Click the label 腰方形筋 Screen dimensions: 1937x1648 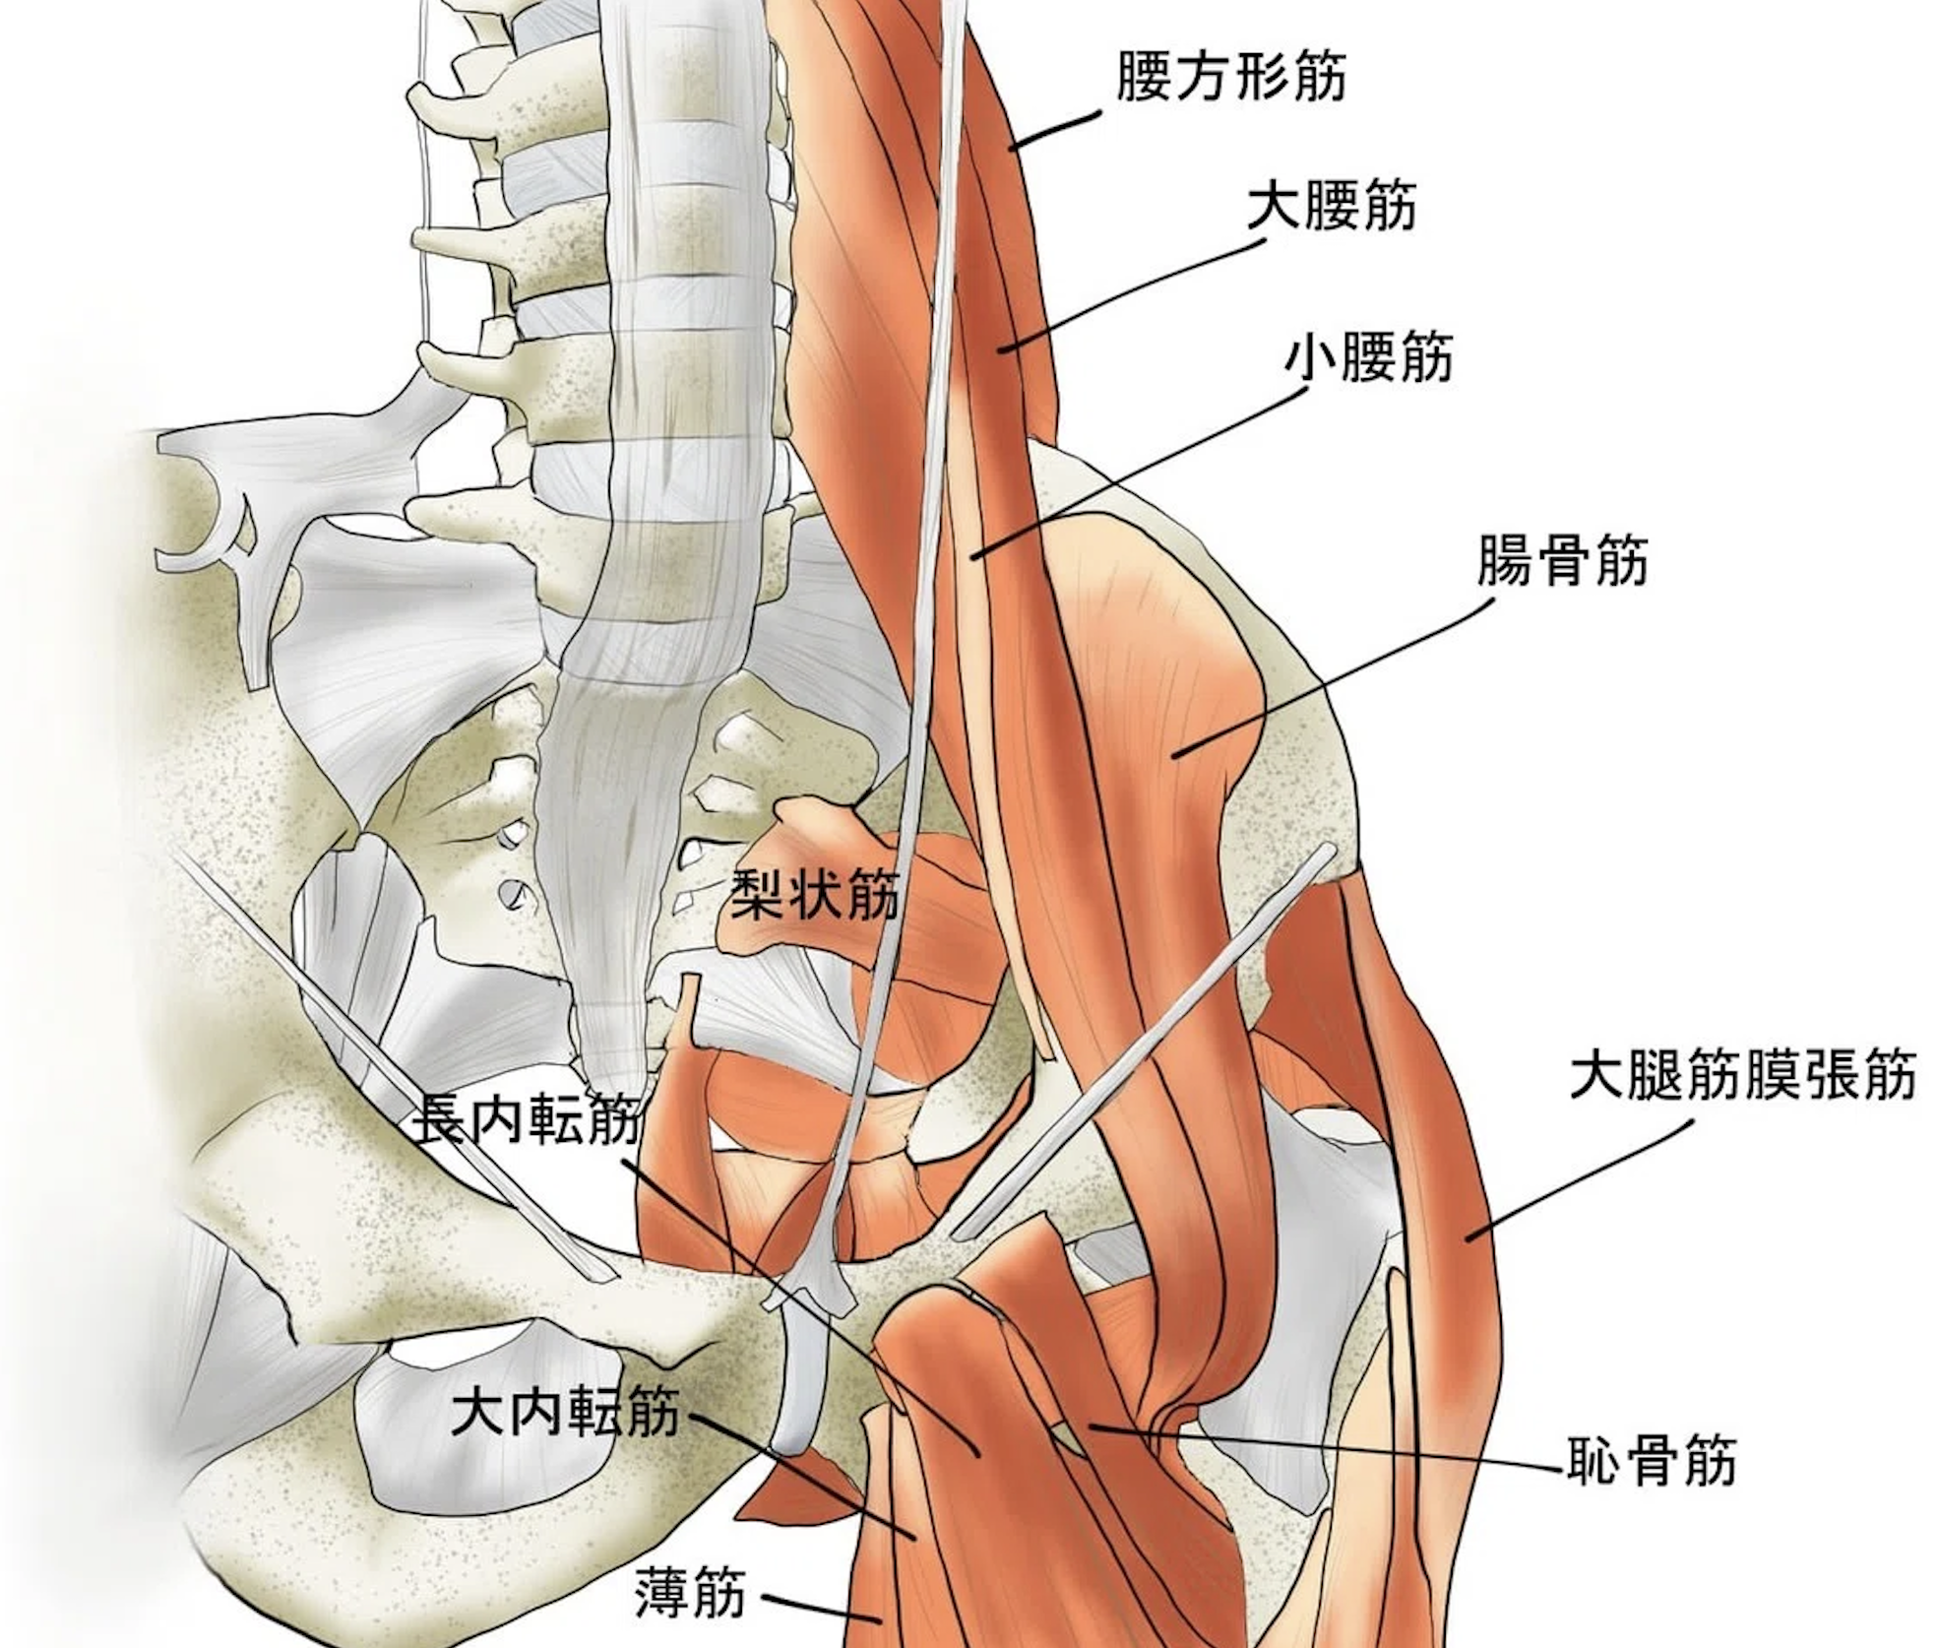(x=1230, y=77)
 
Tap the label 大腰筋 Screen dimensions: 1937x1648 (x=1332, y=208)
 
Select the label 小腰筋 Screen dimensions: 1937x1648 (x=1368, y=358)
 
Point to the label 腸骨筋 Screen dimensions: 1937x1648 (x=1562, y=561)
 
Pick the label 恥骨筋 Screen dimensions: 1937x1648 (x=1651, y=1460)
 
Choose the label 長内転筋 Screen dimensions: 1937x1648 (x=529, y=1121)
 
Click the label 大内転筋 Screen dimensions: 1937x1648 (x=565, y=1413)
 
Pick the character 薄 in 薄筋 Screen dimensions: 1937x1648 (x=662, y=1594)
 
